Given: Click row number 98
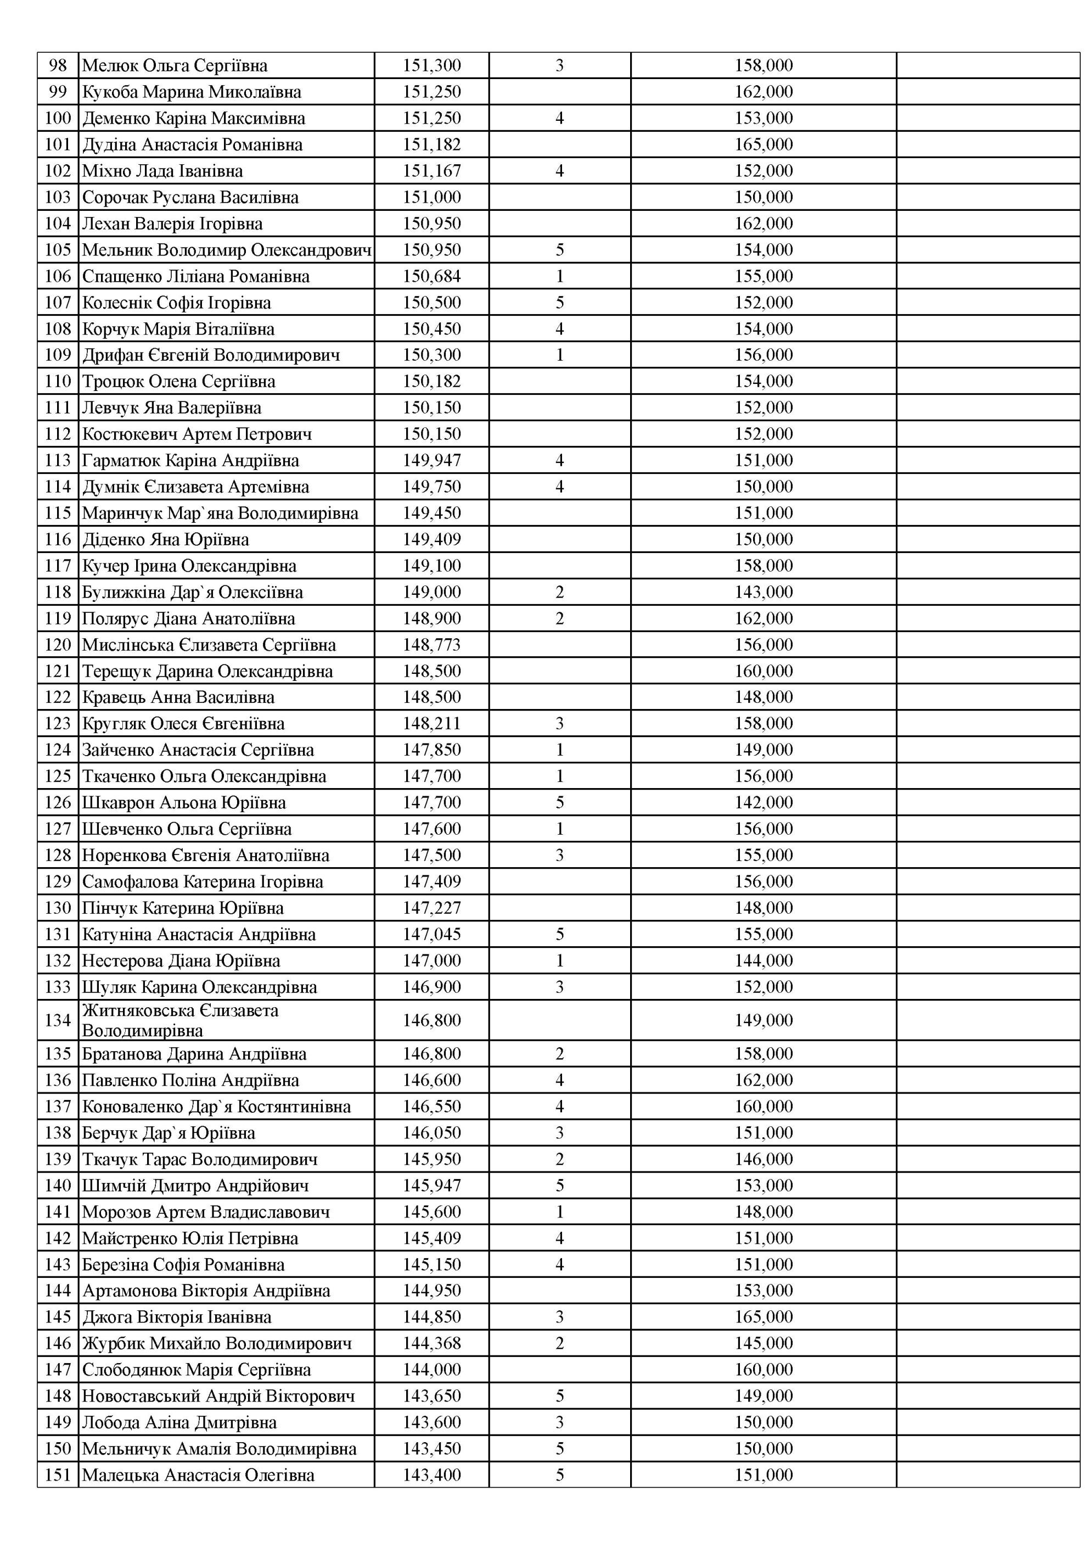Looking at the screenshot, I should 58,66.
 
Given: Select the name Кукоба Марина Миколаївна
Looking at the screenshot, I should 191,92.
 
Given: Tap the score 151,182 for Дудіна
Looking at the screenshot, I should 431,144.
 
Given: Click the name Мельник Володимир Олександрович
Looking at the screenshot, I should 226,250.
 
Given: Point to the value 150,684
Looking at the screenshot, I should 431,276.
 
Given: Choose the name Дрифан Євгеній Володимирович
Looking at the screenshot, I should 211,355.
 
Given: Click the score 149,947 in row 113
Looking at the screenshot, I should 431,460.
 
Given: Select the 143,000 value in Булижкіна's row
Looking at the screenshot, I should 763,592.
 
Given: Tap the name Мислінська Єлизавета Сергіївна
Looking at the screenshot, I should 209,645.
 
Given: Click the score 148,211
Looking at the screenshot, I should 431,723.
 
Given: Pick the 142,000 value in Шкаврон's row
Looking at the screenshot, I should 763,803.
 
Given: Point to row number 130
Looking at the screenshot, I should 58,908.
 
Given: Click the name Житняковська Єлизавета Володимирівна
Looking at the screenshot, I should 180,1020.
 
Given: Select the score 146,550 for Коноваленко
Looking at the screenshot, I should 431,1106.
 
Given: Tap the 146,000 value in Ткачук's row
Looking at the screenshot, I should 763,1159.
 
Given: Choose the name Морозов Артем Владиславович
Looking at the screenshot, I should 205,1211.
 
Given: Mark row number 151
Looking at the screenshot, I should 58,1475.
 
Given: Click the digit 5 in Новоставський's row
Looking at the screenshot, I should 559,1396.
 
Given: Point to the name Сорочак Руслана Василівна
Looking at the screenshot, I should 190,197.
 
